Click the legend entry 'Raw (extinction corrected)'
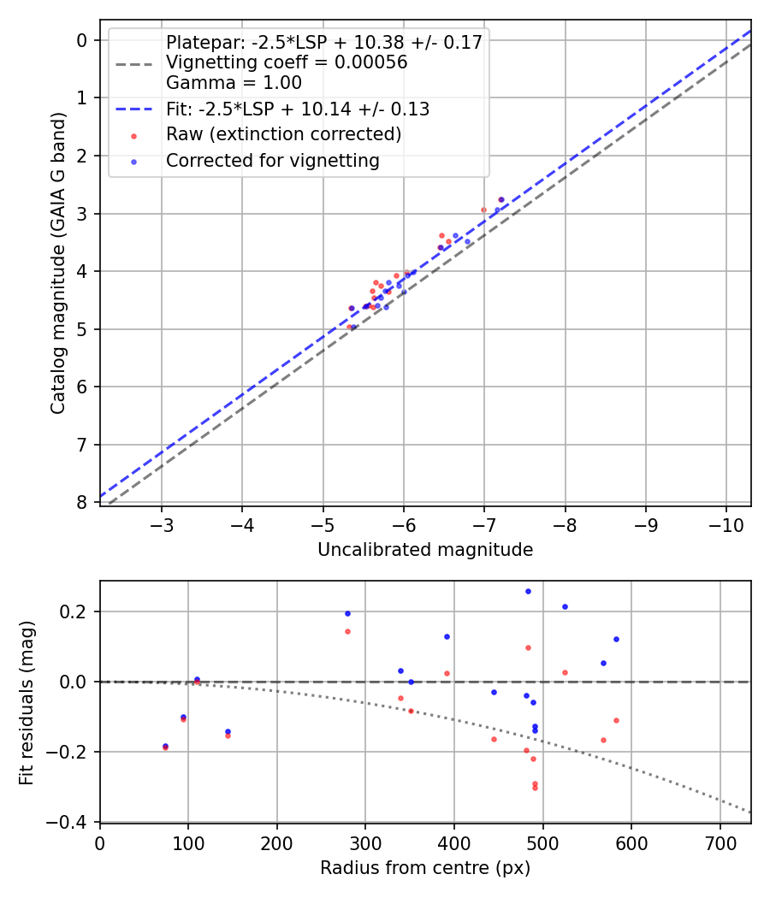283,135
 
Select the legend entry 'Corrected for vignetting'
272,161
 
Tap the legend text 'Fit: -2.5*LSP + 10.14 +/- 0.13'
297,109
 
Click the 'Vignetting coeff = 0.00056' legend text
287,62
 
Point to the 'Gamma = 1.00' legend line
234,83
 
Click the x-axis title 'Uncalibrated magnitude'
425,550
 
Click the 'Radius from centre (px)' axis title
425,868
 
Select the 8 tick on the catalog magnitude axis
82,502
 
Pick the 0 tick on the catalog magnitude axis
82,40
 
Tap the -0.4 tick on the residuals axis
72,822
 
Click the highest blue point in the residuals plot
528,591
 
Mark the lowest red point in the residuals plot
535,788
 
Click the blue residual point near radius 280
347,613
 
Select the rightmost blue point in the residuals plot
616,639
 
